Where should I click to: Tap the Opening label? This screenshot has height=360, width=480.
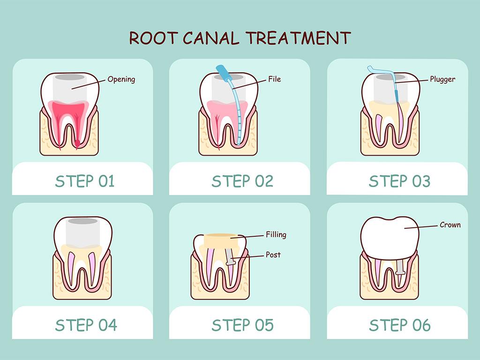point(121,79)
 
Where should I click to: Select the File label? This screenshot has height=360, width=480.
point(274,79)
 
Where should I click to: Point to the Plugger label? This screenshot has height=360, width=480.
point(442,79)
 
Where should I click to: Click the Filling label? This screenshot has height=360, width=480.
point(276,234)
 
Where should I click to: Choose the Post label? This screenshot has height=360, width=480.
point(273,255)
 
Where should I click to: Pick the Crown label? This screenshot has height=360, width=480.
point(450,225)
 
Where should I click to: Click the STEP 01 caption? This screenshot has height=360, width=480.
point(84,181)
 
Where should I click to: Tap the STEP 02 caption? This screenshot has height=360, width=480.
point(242,181)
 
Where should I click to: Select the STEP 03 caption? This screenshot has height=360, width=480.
point(399,181)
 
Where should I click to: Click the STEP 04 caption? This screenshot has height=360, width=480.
point(84,325)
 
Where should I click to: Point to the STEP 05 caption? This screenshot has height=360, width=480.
point(242,325)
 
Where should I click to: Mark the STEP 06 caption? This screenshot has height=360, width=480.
point(399,325)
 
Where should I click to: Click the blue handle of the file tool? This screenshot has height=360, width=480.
point(222,74)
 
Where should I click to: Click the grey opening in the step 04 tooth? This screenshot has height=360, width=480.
point(82,232)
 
